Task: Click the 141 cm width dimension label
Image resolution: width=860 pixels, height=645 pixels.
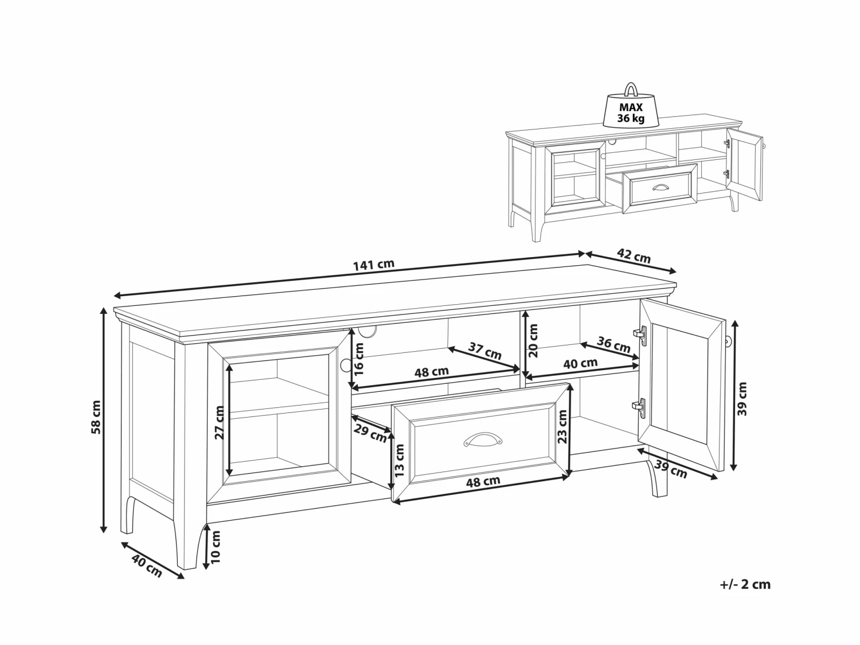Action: click(374, 265)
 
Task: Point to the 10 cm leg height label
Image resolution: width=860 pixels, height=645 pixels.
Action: click(216, 546)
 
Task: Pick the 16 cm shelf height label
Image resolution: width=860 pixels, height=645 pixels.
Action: click(359, 359)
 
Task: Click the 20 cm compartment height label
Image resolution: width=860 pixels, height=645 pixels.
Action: click(534, 340)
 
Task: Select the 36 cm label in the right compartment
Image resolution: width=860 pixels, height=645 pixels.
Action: click(614, 344)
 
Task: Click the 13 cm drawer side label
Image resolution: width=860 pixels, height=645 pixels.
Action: click(400, 461)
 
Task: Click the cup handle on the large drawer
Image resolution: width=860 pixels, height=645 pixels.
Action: click(482, 439)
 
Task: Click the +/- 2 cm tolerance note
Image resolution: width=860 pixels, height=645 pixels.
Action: click(745, 585)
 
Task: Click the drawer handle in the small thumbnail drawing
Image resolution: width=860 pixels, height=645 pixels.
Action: click(660, 187)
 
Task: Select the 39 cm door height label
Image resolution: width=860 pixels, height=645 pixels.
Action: click(743, 399)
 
